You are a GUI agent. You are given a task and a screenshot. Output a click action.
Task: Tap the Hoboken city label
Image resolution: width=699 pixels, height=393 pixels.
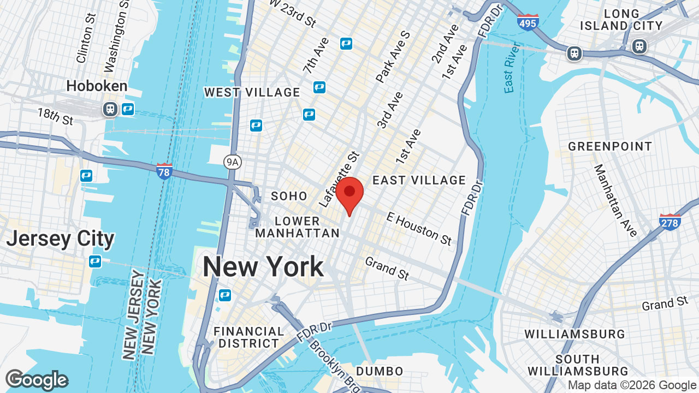click(x=97, y=86)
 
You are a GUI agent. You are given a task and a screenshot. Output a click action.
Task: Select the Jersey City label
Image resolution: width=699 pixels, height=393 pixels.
click(x=60, y=239)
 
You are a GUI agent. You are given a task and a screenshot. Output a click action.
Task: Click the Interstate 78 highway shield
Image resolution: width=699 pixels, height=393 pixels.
click(x=164, y=171)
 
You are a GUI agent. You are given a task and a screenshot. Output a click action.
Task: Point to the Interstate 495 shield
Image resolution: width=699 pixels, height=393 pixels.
click(x=528, y=22)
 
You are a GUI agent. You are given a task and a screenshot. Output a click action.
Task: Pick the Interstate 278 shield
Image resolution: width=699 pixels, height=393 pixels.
click(x=670, y=222)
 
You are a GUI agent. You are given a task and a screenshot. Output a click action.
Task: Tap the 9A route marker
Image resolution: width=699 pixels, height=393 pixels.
click(x=233, y=161)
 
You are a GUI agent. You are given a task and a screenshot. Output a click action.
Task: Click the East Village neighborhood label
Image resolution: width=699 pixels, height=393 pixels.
click(x=419, y=180)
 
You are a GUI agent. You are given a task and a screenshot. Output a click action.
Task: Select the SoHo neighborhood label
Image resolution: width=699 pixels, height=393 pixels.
click(x=289, y=196)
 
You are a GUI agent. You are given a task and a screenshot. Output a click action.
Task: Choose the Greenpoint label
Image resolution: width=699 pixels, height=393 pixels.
click(x=610, y=146)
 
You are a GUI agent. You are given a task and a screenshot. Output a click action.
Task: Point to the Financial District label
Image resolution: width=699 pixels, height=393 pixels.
click(x=248, y=337)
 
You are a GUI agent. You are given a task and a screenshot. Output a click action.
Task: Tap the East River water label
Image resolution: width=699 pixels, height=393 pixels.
click(x=511, y=74)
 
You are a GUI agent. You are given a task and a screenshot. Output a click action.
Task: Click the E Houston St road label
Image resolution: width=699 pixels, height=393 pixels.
click(x=419, y=229)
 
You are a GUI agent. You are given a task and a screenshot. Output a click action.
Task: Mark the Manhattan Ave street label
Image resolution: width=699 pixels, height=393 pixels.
click(x=615, y=200)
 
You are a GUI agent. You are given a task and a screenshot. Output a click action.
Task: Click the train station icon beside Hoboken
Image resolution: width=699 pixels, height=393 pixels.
click(x=110, y=109)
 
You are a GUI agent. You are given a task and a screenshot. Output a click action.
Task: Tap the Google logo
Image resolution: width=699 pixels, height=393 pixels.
click(x=37, y=380)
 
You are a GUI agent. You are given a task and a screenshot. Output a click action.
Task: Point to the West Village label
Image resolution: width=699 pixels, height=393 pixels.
click(x=252, y=92)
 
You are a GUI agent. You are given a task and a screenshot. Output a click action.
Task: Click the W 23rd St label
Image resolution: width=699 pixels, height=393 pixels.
click(x=294, y=13)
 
